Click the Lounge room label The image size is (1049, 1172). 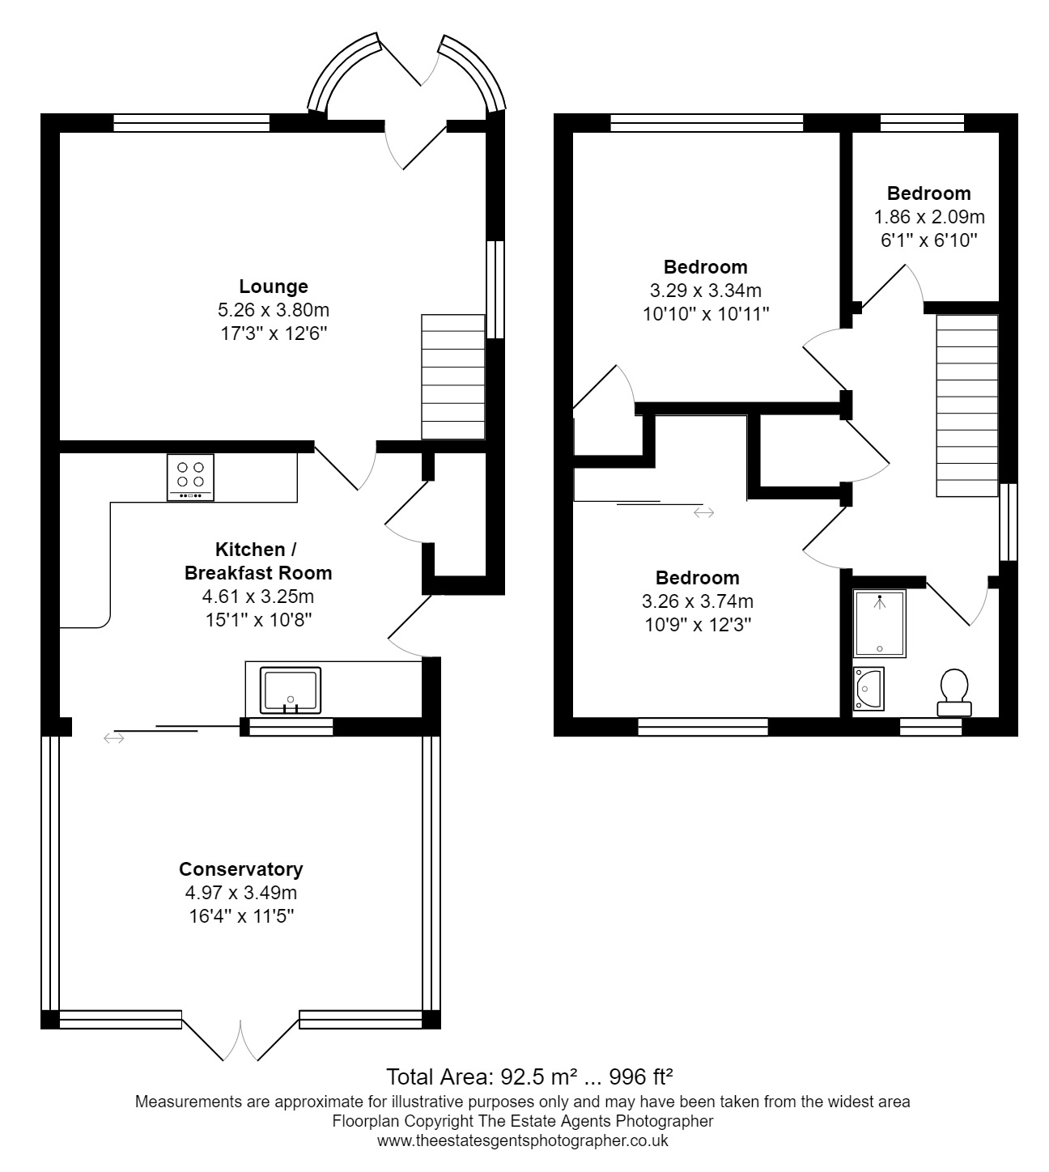pos(274,287)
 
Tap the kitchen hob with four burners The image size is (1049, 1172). pos(190,478)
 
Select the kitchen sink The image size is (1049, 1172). pos(290,690)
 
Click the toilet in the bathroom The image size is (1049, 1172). pos(953,693)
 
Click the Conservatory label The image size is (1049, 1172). pos(240,869)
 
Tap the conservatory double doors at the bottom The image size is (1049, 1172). pos(240,1040)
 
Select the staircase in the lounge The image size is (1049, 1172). pos(452,377)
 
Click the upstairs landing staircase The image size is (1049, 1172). pos(967,406)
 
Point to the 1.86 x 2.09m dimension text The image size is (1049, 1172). pos(929,217)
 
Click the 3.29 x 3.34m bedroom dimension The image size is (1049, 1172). pos(705,291)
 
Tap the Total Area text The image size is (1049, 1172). pos(530,1076)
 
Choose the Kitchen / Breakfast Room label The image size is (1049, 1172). pos(257,561)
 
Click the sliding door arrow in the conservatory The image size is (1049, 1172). pos(113,737)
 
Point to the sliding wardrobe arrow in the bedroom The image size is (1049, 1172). pos(703,512)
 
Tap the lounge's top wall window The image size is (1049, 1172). pos(191,123)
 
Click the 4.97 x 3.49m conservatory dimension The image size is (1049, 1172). pos(240,893)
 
